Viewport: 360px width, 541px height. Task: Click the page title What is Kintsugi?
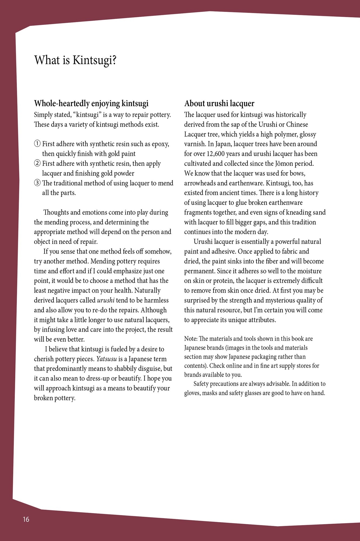click(75, 60)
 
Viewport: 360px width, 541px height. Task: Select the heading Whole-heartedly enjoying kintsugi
click(91, 103)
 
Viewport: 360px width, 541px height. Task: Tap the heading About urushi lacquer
click(219, 103)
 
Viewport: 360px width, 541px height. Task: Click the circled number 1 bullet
click(37, 144)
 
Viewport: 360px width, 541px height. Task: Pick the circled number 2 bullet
click(37, 163)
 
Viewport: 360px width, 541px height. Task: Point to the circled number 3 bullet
click(37, 183)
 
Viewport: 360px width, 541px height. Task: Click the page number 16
click(26, 519)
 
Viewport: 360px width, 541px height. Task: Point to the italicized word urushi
click(106, 300)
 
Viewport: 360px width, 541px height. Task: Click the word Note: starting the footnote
click(191, 339)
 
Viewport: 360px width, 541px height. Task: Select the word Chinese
click(297, 124)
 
